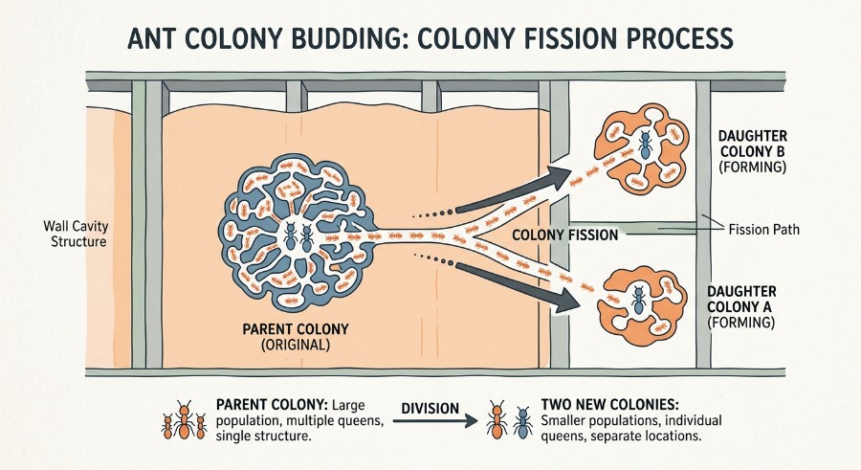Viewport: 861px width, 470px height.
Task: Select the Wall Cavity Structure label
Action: tap(76, 234)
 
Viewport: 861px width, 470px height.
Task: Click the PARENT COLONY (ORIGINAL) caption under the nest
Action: tap(296, 336)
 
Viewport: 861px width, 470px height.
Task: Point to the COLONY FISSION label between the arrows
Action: tap(565, 235)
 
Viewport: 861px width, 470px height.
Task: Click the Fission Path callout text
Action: tap(763, 229)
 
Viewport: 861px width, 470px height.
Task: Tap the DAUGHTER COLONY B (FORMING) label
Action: tap(752, 151)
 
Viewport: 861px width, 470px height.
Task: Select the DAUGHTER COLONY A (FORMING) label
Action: tap(741, 306)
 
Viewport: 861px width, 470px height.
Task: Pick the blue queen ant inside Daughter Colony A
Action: tap(638, 301)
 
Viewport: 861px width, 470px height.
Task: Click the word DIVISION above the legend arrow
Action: tap(430, 409)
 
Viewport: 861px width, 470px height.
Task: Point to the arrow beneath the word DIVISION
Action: tap(435, 421)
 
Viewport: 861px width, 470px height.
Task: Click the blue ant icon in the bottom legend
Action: tap(522, 422)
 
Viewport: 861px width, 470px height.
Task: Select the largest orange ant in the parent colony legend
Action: tap(184, 419)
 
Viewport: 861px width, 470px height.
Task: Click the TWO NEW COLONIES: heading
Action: tap(609, 405)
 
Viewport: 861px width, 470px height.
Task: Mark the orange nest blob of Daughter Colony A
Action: tap(643, 302)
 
